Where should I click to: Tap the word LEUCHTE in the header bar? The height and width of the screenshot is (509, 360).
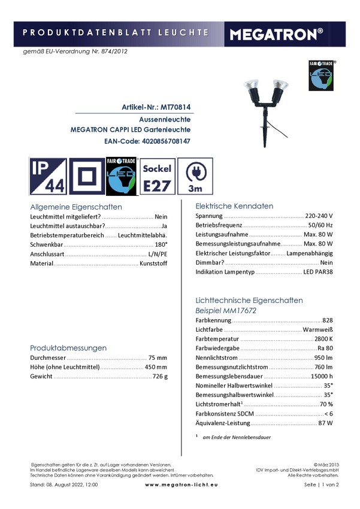tap(183, 32)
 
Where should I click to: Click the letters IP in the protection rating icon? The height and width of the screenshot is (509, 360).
tap(41, 166)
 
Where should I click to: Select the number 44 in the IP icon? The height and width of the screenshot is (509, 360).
tap(55, 186)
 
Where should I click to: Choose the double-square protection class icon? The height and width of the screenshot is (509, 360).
tap(87, 176)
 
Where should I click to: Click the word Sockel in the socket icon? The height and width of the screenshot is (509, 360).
tap(157, 169)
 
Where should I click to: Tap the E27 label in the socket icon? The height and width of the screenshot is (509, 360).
tap(157, 186)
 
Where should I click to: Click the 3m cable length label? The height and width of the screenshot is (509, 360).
tap(195, 188)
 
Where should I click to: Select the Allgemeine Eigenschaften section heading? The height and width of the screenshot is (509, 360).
tap(76, 208)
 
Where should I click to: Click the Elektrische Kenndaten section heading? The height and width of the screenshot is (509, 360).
tap(235, 206)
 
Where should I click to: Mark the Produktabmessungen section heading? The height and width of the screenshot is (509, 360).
tap(68, 348)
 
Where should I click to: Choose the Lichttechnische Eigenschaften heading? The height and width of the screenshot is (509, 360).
tap(249, 301)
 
